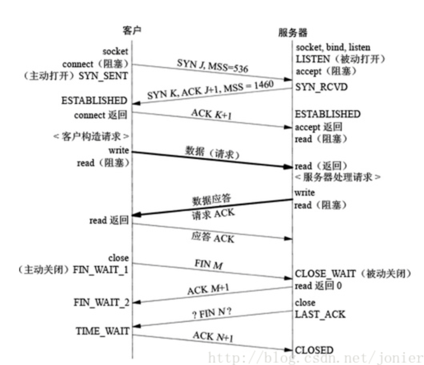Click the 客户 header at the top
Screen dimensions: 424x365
click(x=132, y=31)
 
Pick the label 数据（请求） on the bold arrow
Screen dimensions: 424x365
click(x=212, y=153)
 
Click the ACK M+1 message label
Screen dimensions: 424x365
click(x=208, y=289)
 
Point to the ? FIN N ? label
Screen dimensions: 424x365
click(x=212, y=312)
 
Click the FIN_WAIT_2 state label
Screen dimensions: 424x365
click(x=101, y=302)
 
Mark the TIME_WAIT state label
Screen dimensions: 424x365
click(x=103, y=331)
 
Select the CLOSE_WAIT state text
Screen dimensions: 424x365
click(x=325, y=274)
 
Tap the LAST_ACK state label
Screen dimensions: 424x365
click(x=320, y=315)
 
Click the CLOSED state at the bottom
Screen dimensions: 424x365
click(x=314, y=350)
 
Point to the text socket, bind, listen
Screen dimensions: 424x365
click(x=333, y=48)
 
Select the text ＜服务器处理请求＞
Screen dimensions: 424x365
click(x=338, y=177)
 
